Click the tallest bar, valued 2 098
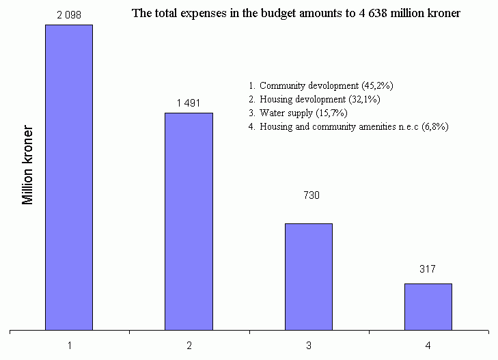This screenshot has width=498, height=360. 69,178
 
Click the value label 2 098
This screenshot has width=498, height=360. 69,14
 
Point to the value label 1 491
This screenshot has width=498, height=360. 189,102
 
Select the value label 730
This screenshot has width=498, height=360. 312,195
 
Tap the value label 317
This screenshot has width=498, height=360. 428,269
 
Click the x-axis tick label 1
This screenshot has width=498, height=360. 69,346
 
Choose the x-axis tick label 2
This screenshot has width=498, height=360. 189,346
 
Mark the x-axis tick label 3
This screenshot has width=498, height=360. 309,346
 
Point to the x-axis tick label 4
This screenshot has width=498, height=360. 428,346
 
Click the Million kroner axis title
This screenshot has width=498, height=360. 28,164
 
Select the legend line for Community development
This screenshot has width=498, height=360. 320,86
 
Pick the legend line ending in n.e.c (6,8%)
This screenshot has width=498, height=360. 348,127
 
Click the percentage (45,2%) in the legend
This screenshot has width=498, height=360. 376,86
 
